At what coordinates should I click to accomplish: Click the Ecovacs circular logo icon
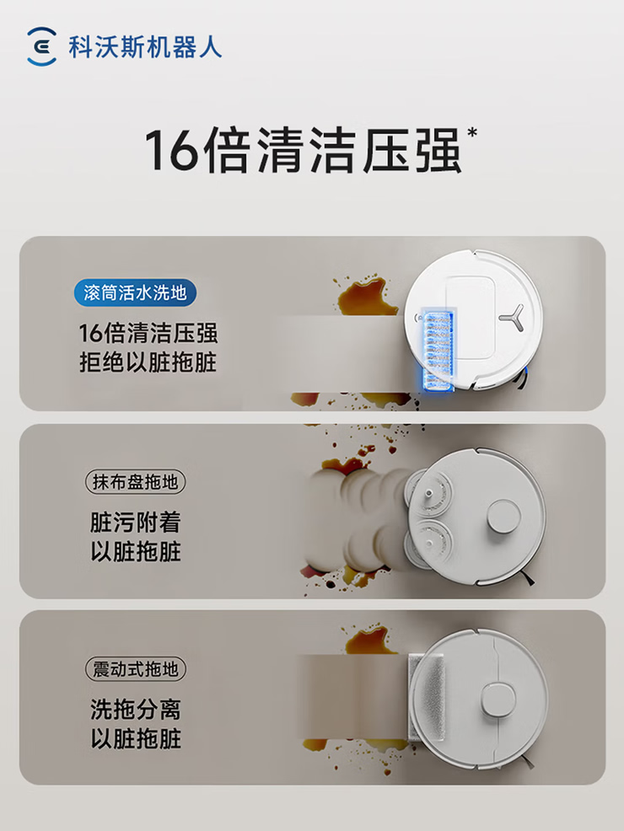41,46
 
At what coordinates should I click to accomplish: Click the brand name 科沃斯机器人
145,47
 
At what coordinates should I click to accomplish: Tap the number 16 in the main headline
170,149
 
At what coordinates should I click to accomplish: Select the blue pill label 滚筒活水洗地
135,293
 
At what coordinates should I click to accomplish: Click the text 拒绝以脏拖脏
148,363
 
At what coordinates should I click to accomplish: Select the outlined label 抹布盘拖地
135,482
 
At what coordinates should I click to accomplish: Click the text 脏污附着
136,522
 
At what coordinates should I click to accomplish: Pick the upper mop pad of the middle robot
428,494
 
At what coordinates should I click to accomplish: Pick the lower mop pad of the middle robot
428,544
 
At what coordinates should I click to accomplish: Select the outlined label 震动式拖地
136,669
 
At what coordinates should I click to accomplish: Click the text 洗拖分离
136,709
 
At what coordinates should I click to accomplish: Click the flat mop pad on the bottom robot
425,698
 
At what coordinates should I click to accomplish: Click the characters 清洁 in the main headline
309,150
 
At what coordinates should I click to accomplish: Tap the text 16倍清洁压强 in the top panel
148,334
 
